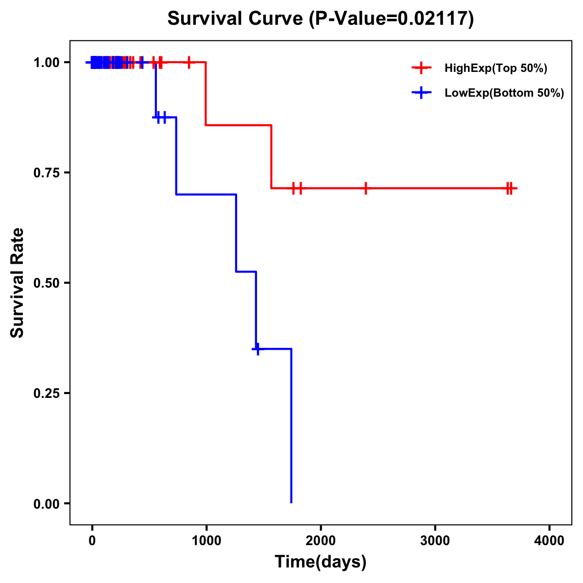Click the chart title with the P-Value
(320, 19)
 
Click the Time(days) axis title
(321, 562)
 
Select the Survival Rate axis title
(17, 283)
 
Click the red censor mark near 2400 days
(365, 188)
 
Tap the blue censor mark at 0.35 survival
(257, 349)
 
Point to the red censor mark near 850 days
(189, 62)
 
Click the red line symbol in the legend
(422, 69)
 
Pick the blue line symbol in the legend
(422, 93)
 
